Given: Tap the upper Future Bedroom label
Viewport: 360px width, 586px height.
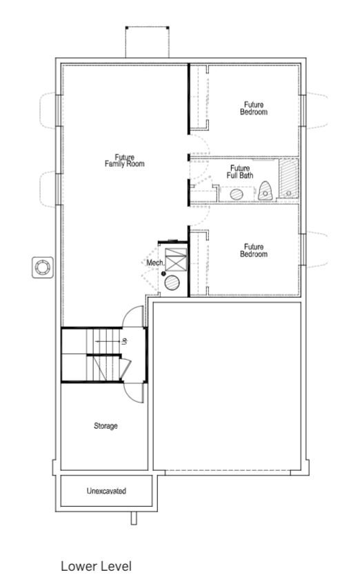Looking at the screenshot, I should (x=253, y=108).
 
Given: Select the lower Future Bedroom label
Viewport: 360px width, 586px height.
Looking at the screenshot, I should (x=253, y=251).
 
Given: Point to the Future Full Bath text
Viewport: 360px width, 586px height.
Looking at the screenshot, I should (x=240, y=172).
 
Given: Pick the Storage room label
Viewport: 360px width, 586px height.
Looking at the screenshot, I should (x=106, y=426).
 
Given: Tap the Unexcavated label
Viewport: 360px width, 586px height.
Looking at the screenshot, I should (x=106, y=492).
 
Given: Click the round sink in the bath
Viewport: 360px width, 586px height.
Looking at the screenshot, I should (x=237, y=195).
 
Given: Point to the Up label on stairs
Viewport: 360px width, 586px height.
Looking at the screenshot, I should (x=125, y=341).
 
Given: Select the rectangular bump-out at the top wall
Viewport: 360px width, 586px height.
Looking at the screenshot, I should (x=146, y=43).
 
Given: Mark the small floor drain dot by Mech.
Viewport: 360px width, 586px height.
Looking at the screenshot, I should (x=163, y=274).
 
